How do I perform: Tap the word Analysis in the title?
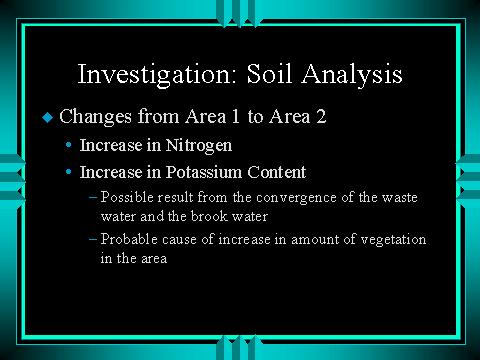(352, 75)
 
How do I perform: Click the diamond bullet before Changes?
(48, 117)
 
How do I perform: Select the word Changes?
(96, 117)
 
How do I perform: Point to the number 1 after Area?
(235, 116)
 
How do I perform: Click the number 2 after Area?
(321, 116)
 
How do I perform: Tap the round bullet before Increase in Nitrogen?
(69, 145)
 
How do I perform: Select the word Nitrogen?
(199, 146)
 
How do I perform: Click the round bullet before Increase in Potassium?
(69, 172)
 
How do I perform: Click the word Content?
(277, 172)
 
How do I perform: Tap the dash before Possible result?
(93, 197)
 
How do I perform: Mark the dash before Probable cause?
(93, 239)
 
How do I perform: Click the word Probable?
(129, 239)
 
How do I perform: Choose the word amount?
(315, 240)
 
